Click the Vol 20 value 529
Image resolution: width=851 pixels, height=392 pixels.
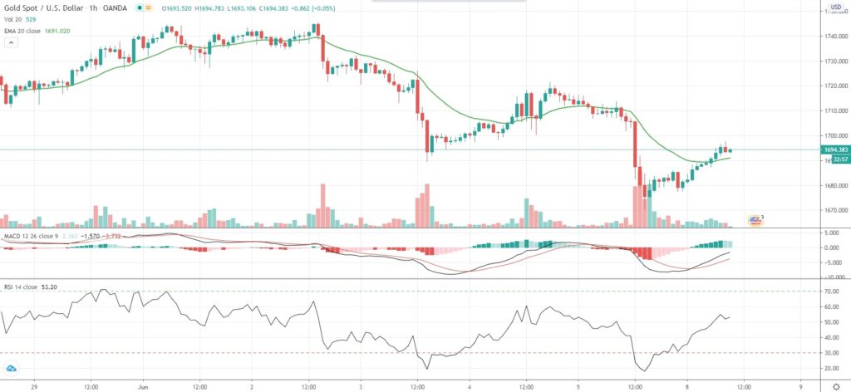click(30, 19)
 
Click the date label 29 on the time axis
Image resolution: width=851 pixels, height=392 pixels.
click(32, 386)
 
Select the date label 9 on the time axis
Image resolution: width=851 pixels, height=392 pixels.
click(799, 386)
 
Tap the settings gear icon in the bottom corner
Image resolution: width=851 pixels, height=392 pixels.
click(836, 386)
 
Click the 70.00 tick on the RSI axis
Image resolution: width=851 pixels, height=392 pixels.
click(832, 292)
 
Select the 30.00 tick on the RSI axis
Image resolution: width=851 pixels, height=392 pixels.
click(832, 354)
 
